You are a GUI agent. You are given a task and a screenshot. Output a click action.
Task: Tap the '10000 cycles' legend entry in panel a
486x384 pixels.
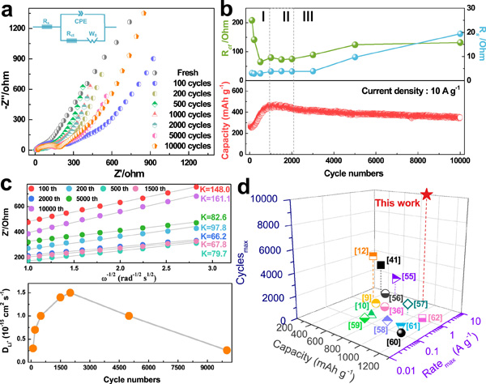click(190, 149)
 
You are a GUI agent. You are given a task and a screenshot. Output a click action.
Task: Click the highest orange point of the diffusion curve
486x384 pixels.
click(70, 292)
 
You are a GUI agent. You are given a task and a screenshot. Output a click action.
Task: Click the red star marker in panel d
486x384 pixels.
click(428, 195)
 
